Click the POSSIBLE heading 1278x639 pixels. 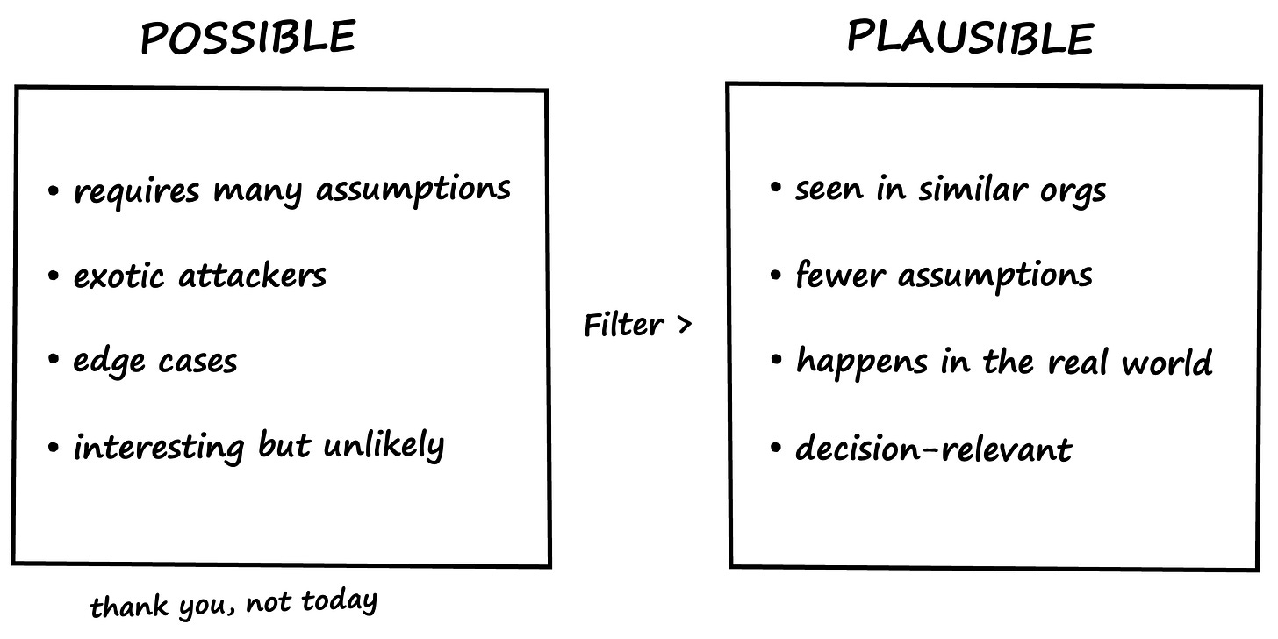click(x=248, y=38)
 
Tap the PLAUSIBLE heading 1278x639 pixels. click(x=970, y=38)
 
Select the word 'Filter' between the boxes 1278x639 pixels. click(x=623, y=326)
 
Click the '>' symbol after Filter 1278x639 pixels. click(x=684, y=326)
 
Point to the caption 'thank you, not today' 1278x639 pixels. click(x=233, y=603)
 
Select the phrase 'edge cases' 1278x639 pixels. click(x=154, y=362)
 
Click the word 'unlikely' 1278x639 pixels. click(x=384, y=447)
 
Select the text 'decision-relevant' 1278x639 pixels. click(x=933, y=449)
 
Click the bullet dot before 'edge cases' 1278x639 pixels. click(x=54, y=361)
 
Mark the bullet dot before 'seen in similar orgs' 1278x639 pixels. click(x=775, y=188)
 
